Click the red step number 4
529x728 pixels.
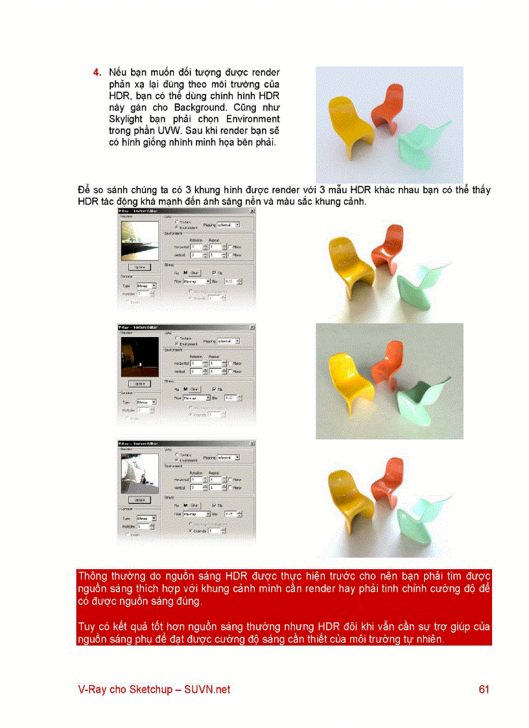(x=97, y=72)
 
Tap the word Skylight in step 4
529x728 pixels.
(x=128, y=119)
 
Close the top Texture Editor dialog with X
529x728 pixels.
(x=252, y=211)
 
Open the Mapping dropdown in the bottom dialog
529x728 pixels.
(x=228, y=458)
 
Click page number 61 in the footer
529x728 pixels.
(x=484, y=690)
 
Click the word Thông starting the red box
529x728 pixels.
(x=93, y=576)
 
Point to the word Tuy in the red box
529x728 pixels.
(x=86, y=627)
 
